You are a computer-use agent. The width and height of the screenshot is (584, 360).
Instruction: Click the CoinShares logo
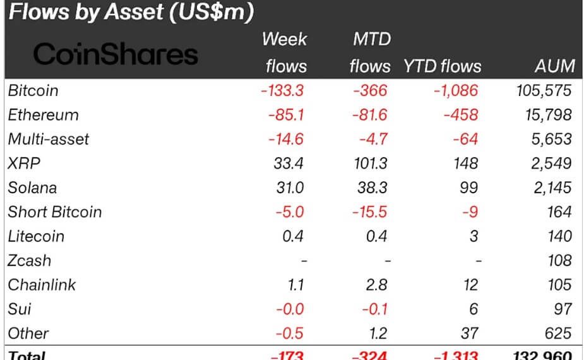[116, 54]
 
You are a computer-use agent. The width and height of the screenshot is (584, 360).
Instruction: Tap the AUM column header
[554, 66]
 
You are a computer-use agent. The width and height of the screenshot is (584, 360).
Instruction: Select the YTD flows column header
[442, 66]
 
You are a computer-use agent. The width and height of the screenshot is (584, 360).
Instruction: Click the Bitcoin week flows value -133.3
[282, 90]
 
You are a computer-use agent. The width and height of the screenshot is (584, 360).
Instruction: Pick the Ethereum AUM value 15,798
[544, 115]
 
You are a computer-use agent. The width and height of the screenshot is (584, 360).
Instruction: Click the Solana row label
[32, 188]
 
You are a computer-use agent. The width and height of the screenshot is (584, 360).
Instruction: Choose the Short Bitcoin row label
[54, 212]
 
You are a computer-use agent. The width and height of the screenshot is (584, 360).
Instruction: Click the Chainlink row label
[42, 285]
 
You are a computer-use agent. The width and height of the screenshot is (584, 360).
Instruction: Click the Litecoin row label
[36, 236]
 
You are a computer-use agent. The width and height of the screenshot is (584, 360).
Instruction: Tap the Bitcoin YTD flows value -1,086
[455, 90]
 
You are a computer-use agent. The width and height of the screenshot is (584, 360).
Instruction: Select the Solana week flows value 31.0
[290, 188]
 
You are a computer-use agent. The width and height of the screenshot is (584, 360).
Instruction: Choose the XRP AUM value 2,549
[549, 164]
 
